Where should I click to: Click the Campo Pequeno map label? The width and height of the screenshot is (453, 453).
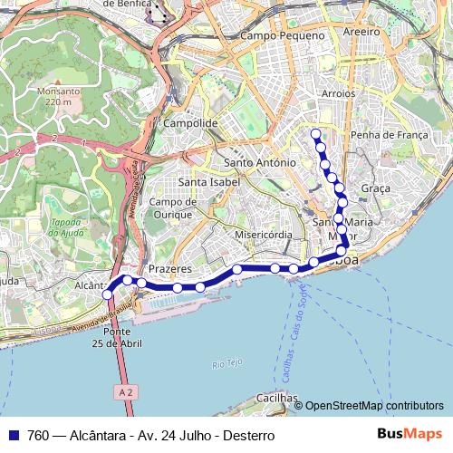pyautogui.click(x=283, y=35)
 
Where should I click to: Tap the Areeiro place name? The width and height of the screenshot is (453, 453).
pyautogui.click(x=361, y=30)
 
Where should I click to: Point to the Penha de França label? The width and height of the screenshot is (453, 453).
pyautogui.click(x=388, y=135)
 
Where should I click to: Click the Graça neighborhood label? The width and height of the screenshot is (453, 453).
pyautogui.click(x=375, y=188)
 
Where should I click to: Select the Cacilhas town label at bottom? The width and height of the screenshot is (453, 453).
pyautogui.click(x=276, y=397)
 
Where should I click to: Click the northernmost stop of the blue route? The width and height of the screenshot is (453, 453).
pyautogui.click(x=315, y=134)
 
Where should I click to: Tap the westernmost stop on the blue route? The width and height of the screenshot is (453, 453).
pyautogui.click(x=108, y=294)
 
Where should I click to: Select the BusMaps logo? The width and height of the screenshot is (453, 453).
pyautogui.click(x=409, y=435)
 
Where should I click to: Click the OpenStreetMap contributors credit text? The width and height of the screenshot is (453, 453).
pyautogui.click(x=373, y=406)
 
